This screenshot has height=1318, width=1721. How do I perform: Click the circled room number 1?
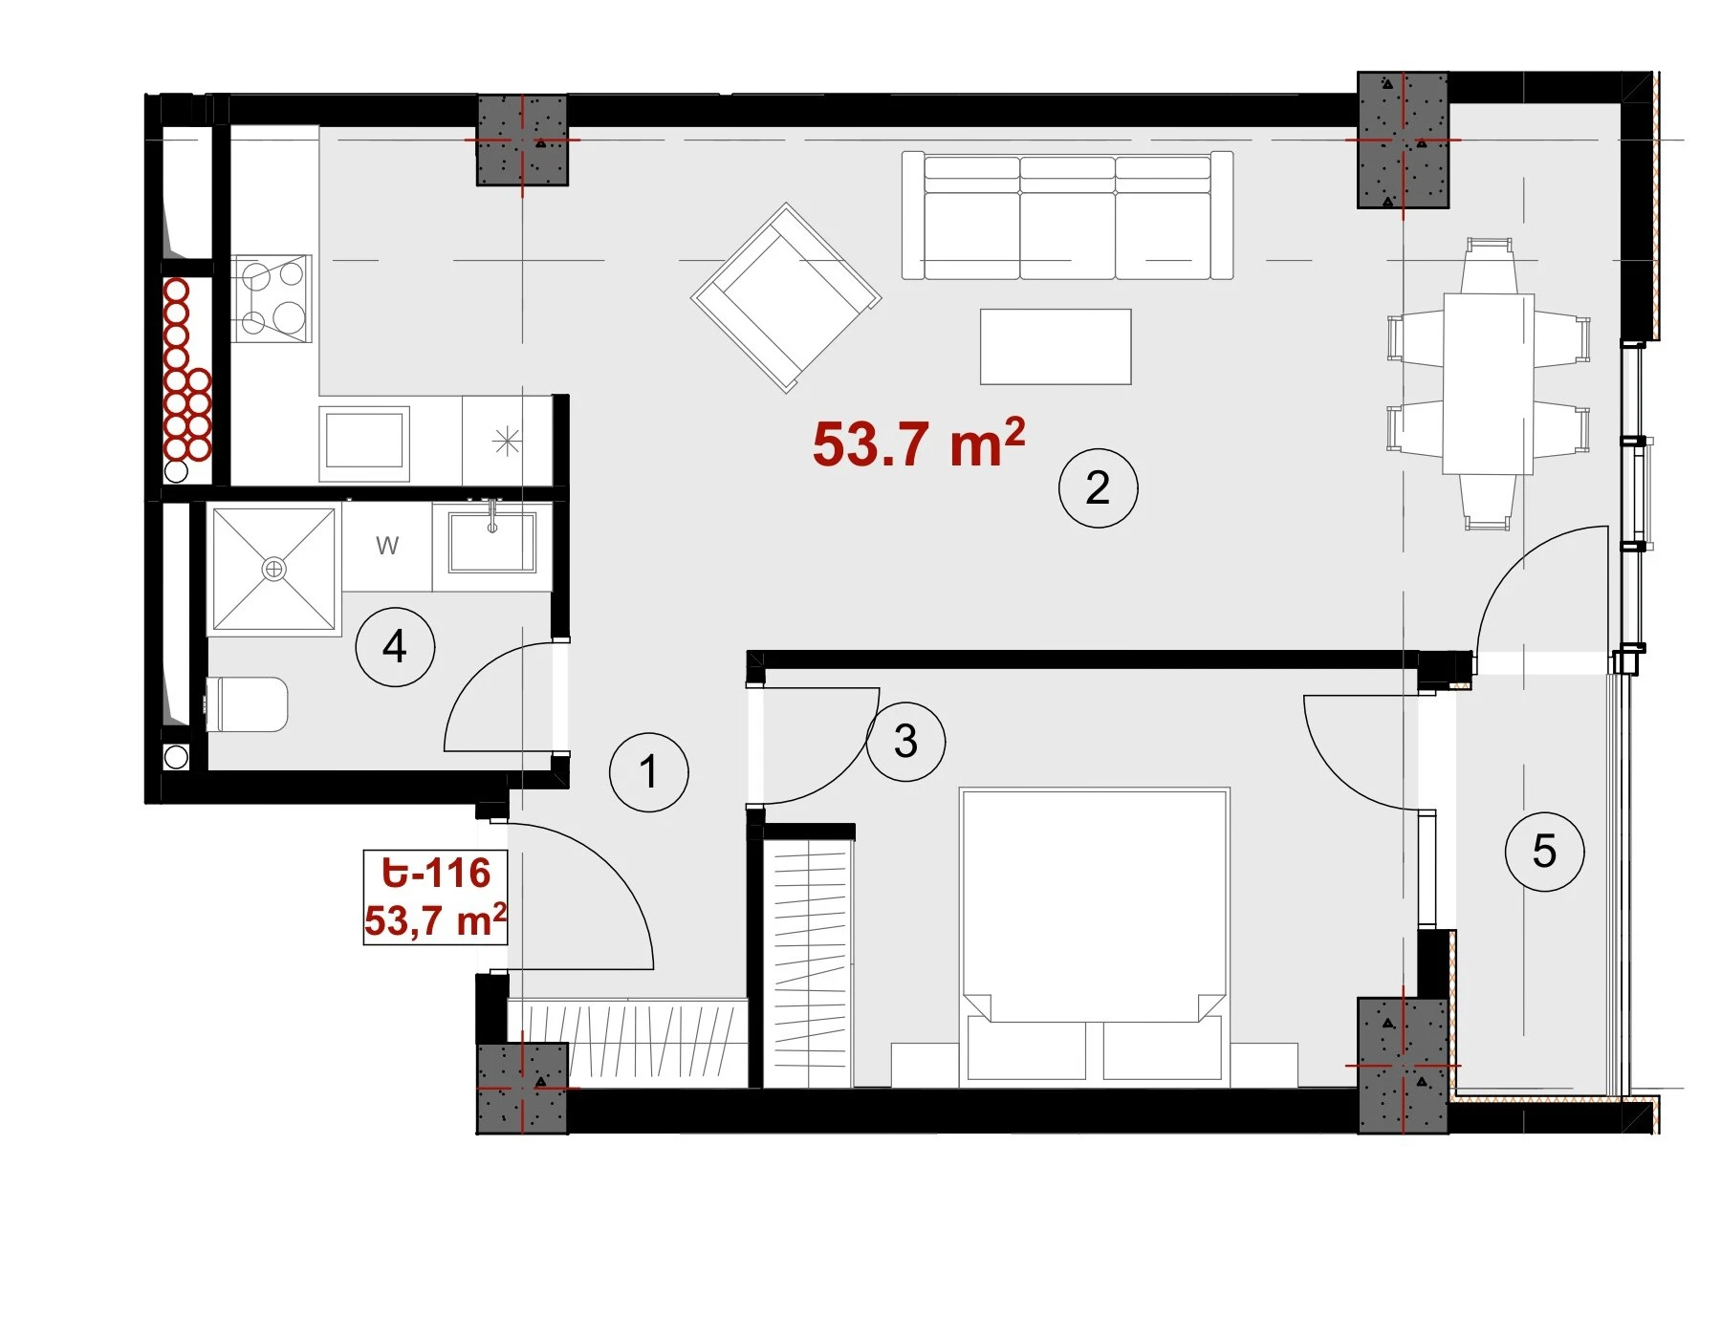pyautogui.click(x=648, y=771)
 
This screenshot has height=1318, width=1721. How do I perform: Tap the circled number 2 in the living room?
pyautogui.click(x=1098, y=487)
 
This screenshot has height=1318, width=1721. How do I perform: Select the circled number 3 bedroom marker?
pyautogui.click(x=905, y=741)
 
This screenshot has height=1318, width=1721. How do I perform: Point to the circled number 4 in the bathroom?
pyautogui.click(x=395, y=646)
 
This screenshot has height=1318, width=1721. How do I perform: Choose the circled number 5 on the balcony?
pyautogui.click(x=1544, y=851)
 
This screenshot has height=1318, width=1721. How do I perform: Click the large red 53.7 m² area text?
pyautogui.click(x=919, y=443)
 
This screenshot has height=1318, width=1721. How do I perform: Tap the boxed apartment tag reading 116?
pyautogui.click(x=435, y=897)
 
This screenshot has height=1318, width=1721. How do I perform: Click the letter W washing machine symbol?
pyautogui.click(x=387, y=546)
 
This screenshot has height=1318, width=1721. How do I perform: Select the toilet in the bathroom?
pyautogui.click(x=247, y=704)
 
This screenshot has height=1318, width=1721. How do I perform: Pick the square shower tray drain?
pyautogui.click(x=274, y=570)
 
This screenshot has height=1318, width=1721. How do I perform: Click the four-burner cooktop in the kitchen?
pyautogui.click(x=272, y=298)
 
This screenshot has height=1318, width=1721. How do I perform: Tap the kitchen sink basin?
pyautogui.click(x=364, y=443)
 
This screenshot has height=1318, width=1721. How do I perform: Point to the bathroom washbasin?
pyautogui.click(x=492, y=542)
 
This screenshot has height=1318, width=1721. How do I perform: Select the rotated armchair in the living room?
pyautogui.click(x=786, y=297)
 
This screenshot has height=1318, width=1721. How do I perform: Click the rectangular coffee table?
pyautogui.click(x=1056, y=346)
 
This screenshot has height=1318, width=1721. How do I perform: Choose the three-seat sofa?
pyautogui.click(x=1067, y=215)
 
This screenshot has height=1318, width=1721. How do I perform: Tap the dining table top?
pyautogui.click(x=1489, y=384)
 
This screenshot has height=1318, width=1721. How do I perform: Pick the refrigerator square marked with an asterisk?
pyautogui.click(x=507, y=442)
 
